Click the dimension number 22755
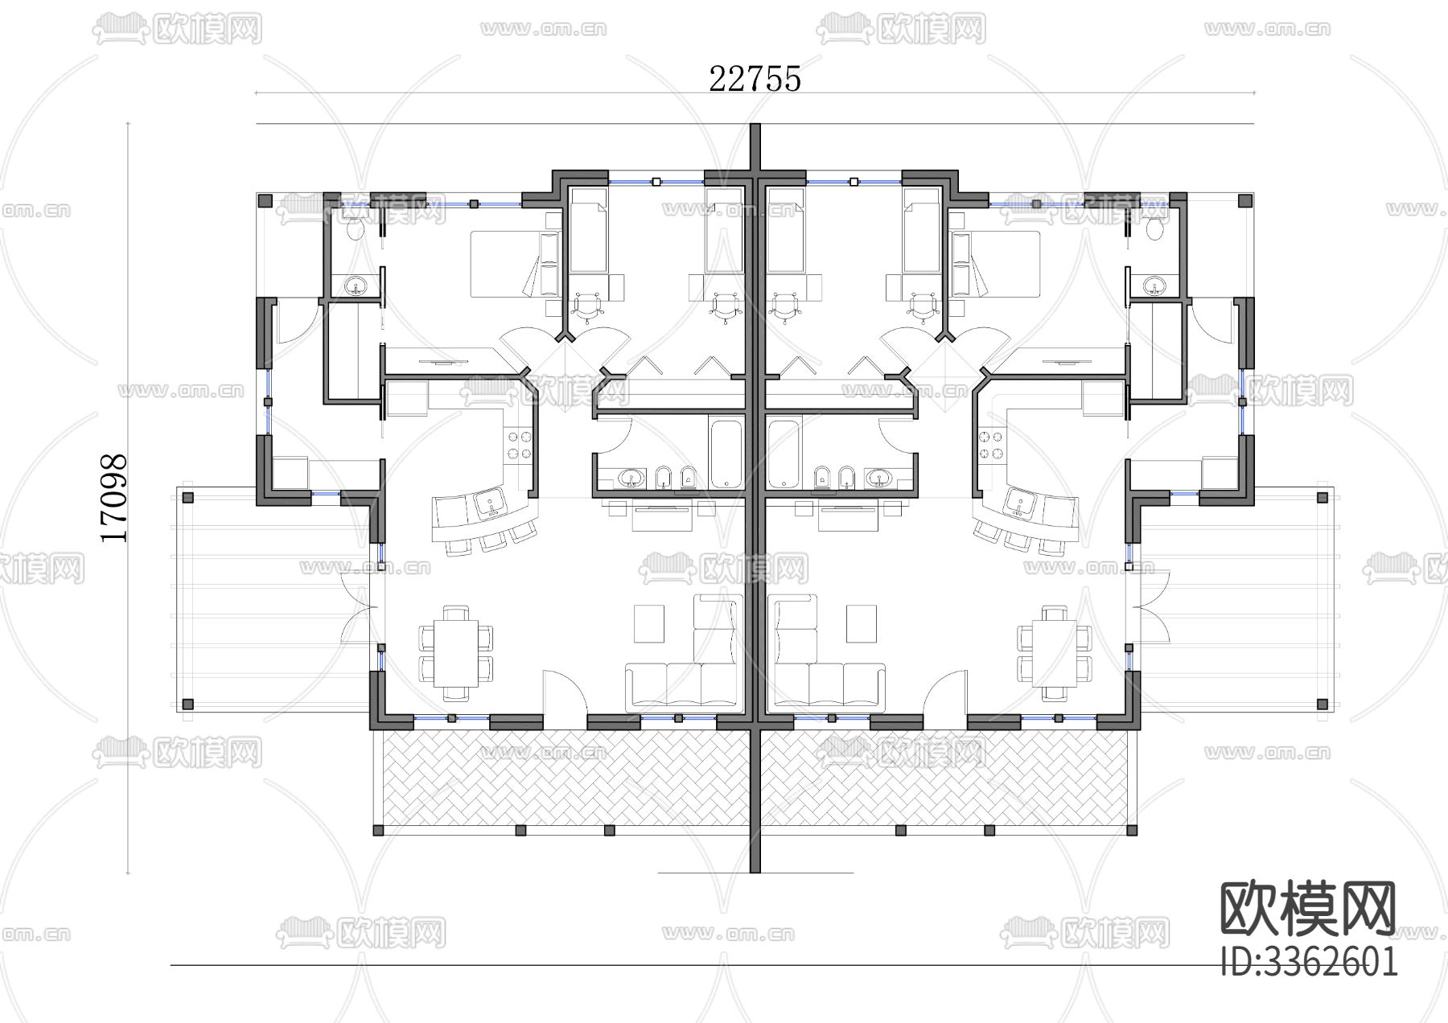click(755, 79)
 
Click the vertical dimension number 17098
click(113, 499)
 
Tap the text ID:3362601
click(1310, 961)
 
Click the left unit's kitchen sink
click(490, 504)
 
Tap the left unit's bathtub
click(727, 453)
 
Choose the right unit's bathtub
click(784, 453)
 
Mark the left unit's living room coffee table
click(649, 623)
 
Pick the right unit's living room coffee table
click(861, 623)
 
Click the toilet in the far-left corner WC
click(353, 231)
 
